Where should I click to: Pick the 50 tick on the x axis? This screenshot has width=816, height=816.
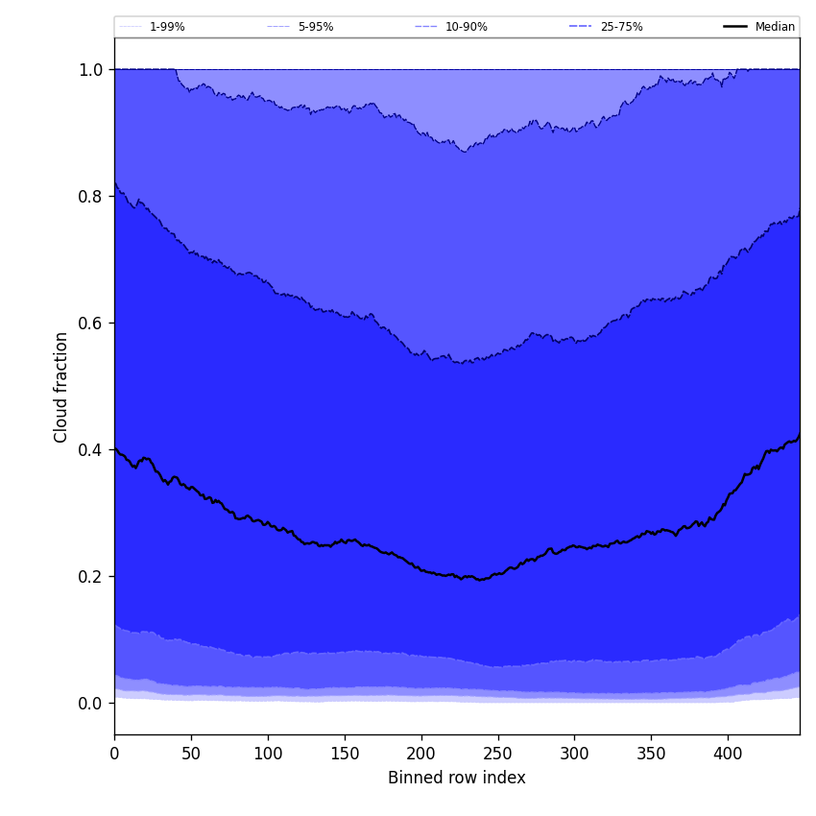[x=191, y=754]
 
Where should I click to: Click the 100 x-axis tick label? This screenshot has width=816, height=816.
[x=268, y=754]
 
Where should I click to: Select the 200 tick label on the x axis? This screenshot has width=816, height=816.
[x=421, y=754]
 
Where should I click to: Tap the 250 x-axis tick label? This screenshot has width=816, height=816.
[x=497, y=754]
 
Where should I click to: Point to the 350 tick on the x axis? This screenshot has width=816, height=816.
[x=651, y=754]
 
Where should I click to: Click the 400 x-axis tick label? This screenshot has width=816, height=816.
[x=728, y=754]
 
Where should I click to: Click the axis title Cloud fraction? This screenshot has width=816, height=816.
[x=61, y=387]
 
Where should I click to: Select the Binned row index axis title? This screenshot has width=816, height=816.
[x=457, y=779]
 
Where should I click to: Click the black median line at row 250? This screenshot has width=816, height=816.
[x=497, y=574]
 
